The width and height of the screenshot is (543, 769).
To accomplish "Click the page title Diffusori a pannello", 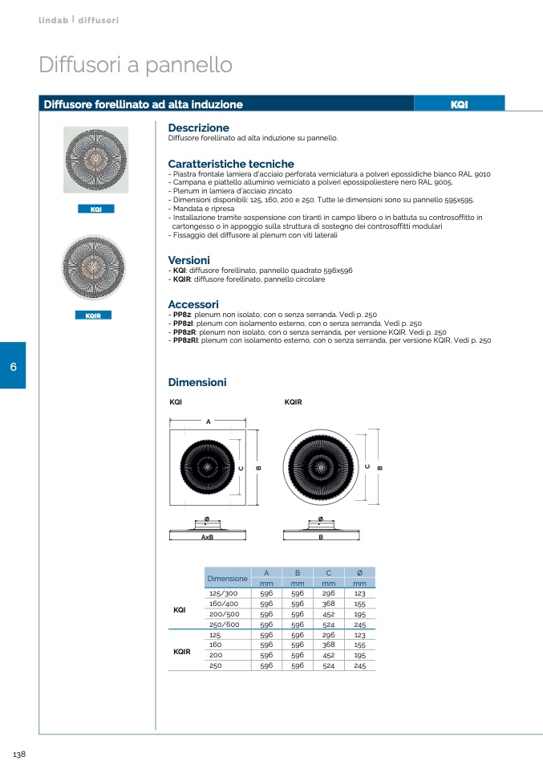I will pos(136,65).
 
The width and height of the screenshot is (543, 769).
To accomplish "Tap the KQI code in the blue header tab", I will pos(459,104).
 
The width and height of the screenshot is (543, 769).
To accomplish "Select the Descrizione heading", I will pos(198,128).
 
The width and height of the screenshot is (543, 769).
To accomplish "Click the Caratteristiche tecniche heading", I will pos(231,164).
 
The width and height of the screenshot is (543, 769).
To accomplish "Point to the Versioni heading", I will pos(188,260).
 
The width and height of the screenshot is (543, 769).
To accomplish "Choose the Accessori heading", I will pos(192,304).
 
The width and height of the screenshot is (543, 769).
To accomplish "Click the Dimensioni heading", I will pos(197,382).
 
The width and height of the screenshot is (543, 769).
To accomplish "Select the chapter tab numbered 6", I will pos(13,366).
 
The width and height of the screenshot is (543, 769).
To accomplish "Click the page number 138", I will pos(20,754).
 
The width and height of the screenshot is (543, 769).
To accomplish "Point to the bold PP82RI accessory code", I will pos(185,340).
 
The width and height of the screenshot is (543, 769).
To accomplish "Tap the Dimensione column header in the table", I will pos(227,578).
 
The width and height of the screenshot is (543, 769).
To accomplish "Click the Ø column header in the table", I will pos(359,572).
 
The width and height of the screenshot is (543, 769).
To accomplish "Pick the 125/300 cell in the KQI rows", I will pos(223,593).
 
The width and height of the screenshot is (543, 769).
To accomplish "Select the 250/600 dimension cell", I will pos(224,624).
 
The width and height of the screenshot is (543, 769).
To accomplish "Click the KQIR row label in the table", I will pos(182,651).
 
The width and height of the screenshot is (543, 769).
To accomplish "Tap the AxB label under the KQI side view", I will pos(207,536).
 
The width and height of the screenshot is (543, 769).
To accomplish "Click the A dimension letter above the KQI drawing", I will pos(208,421).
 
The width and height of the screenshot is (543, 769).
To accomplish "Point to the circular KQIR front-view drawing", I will pos(320,467).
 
